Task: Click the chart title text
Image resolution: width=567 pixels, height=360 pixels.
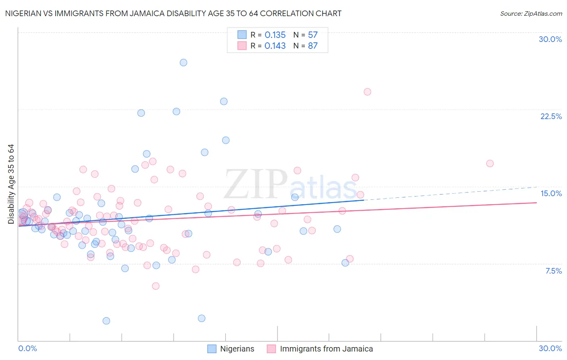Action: pos(174,14)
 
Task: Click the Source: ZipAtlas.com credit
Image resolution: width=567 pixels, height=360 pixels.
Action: pos(531,14)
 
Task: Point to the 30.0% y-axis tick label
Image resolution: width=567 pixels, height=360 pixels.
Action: pos(550,39)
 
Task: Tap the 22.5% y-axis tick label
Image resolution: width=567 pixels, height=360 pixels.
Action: pos(551,116)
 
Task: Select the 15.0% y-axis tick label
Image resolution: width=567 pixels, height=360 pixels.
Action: pos(551,193)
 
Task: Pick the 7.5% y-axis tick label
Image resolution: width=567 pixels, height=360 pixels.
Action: pos(553,271)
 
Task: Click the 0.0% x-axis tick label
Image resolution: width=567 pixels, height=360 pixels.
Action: pos(27,348)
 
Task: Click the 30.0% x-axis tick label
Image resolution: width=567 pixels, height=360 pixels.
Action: pos(550,348)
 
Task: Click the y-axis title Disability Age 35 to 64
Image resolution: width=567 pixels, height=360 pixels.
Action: pos(11,184)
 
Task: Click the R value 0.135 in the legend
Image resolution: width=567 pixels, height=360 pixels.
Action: pos(275,35)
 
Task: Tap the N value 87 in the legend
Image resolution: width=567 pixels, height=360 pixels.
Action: pos(313,46)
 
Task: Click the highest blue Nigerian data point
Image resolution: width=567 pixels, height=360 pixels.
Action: pos(183,63)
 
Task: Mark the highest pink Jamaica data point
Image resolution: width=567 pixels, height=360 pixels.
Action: pos(367,92)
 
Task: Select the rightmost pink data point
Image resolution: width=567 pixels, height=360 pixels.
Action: pos(490,163)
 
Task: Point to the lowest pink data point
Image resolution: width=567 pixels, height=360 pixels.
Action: pos(156,286)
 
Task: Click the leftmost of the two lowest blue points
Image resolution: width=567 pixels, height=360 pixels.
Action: pos(106,321)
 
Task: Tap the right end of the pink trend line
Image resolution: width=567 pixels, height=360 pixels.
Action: pos(536,203)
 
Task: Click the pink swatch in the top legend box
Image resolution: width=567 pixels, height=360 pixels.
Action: pos(242,46)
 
